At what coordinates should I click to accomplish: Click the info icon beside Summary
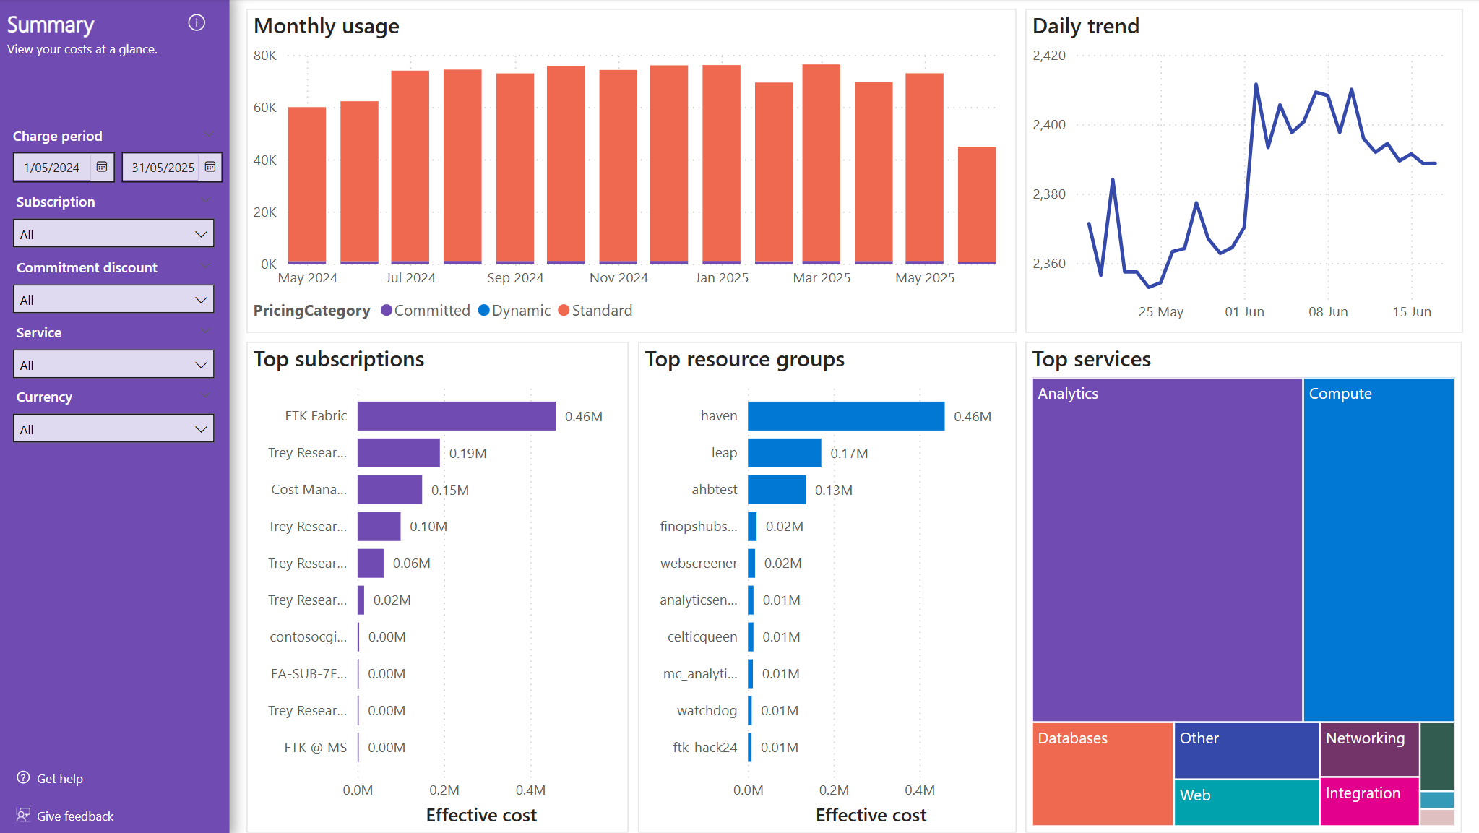[197, 23]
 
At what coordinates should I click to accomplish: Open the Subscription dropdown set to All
[113, 234]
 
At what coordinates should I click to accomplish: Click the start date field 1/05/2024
[52, 168]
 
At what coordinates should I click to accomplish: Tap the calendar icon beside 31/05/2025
[210, 167]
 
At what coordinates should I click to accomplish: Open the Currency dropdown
[113, 429]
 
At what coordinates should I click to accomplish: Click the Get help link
[59, 779]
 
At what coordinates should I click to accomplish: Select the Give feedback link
[74, 816]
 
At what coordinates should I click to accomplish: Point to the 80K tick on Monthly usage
[265, 56]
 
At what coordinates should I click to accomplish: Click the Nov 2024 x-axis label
[618, 278]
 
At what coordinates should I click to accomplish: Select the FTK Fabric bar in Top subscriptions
[456, 416]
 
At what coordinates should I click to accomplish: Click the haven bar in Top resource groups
[845, 416]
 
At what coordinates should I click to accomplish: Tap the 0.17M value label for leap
[849, 454]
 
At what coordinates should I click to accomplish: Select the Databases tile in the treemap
[1102, 774]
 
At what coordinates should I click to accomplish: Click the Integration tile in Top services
[1368, 801]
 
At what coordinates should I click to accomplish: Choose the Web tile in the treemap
[1246, 802]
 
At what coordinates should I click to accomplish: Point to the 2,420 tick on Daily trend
[1049, 56]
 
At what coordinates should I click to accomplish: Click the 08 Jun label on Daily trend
[1328, 312]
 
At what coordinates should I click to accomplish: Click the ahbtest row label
[714, 490]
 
